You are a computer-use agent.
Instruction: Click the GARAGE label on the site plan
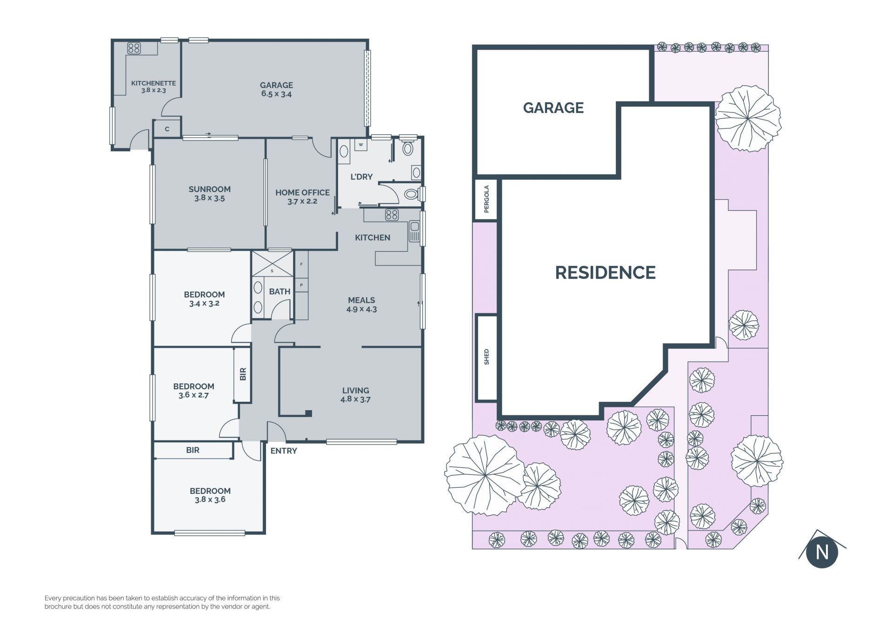[553, 108]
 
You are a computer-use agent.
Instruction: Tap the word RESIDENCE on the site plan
[605, 272]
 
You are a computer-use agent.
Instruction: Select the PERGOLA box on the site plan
[486, 199]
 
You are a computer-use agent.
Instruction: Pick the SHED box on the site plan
[486, 357]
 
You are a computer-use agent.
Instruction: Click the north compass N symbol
[822, 552]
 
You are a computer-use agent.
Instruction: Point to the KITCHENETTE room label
[153, 83]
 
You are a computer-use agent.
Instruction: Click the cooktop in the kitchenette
[134, 48]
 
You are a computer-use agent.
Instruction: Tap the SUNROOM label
[209, 189]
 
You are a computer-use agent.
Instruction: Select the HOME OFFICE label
[302, 193]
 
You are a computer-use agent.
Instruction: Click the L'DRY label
[361, 177]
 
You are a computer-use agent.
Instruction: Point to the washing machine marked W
[360, 145]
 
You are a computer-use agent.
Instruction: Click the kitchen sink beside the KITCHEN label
[414, 231]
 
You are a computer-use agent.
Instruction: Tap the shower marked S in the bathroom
[272, 264]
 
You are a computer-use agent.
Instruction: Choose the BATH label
[280, 292]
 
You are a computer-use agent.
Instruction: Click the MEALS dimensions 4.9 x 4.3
[361, 309]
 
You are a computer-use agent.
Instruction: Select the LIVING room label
[356, 391]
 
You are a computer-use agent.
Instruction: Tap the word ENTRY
[284, 451]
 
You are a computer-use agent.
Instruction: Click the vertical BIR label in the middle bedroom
[243, 374]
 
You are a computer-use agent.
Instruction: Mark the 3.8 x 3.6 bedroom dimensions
[210, 500]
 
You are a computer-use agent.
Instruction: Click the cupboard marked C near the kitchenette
[167, 129]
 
